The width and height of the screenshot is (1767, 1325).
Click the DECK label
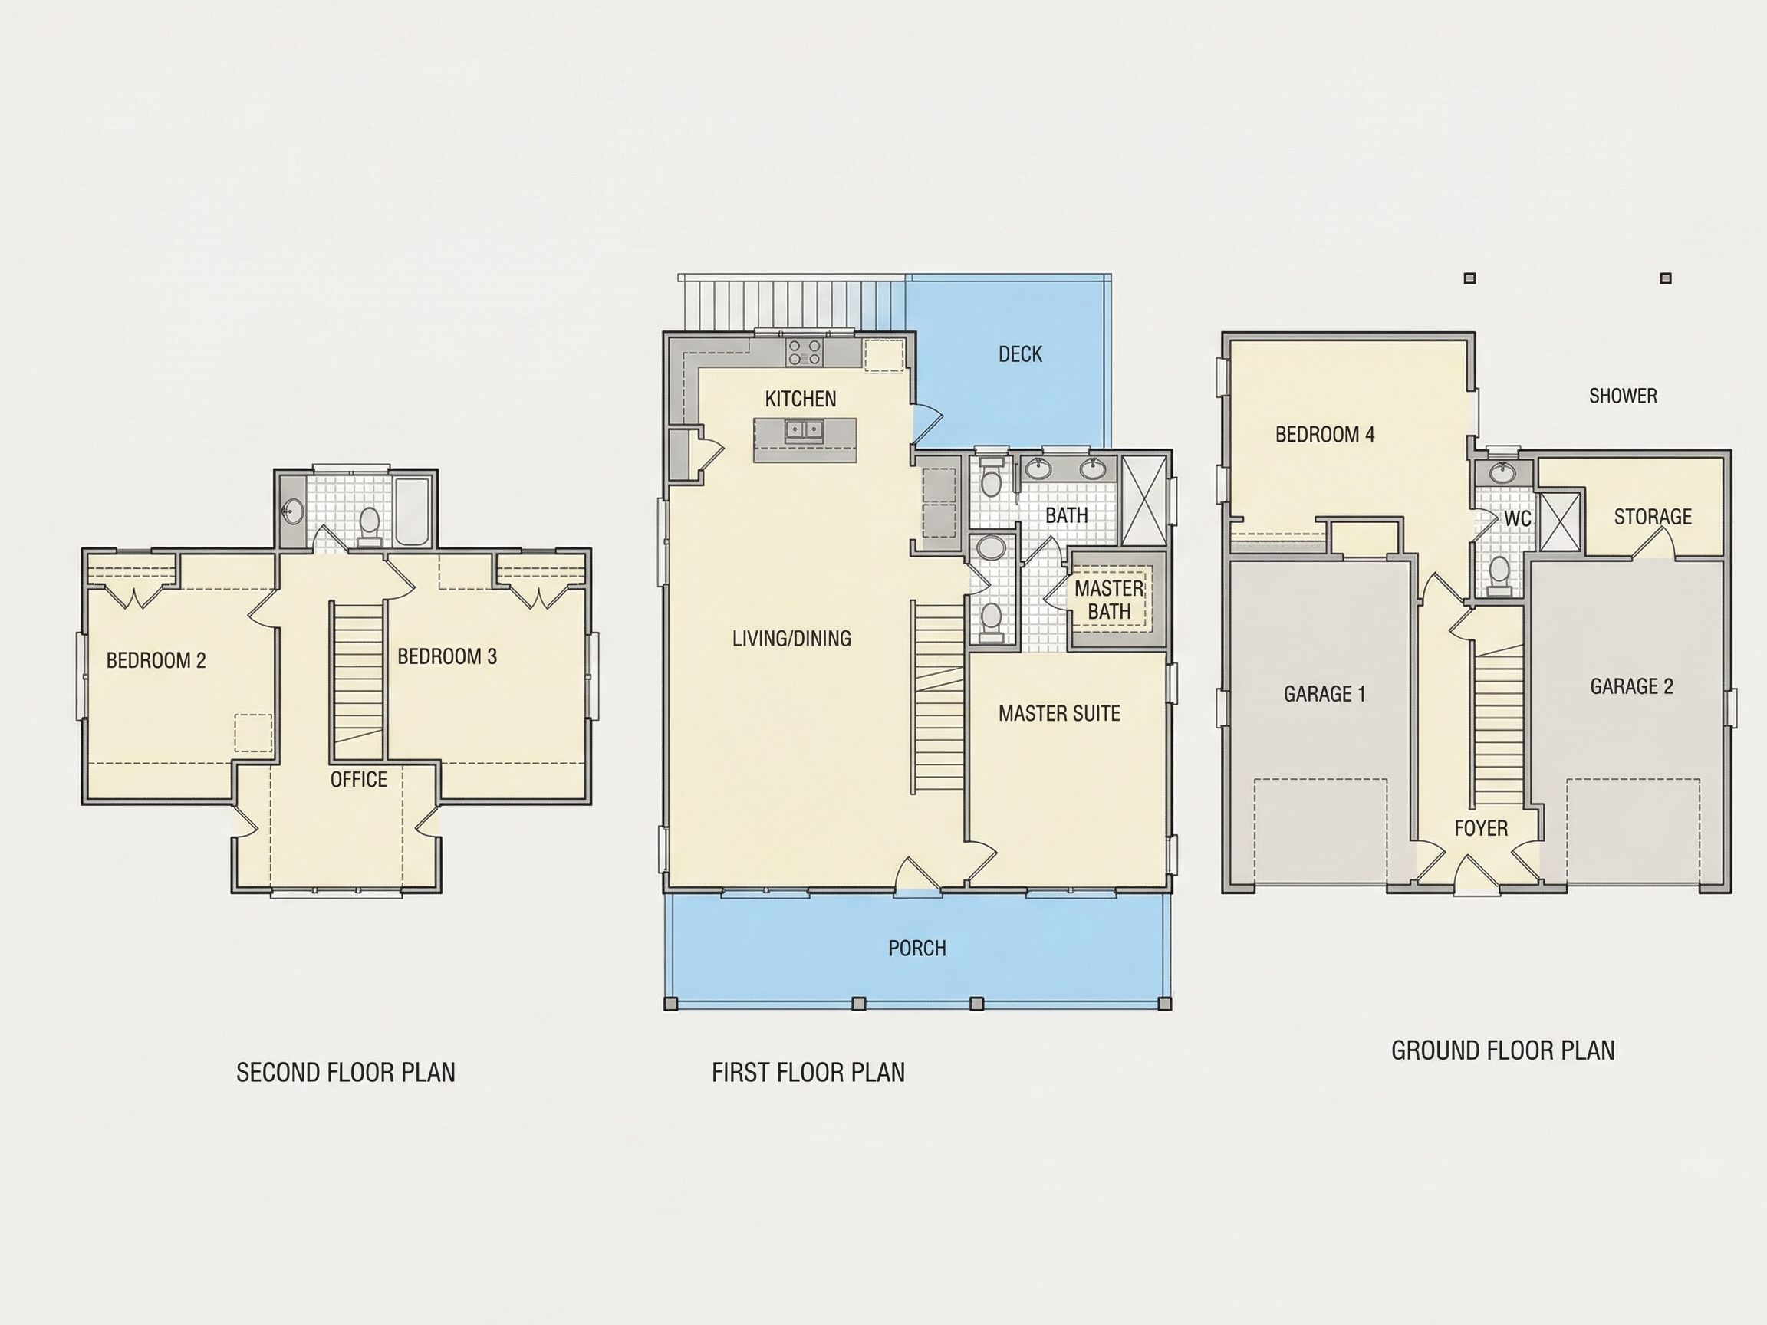(1020, 353)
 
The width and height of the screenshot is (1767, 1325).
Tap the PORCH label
(917, 948)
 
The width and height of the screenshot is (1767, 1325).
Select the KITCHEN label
(801, 399)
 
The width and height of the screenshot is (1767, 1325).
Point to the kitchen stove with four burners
(804, 352)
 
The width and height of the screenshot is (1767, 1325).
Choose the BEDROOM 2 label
(156, 660)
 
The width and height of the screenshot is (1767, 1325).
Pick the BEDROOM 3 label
(447, 656)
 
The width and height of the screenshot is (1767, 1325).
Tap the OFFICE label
(359, 780)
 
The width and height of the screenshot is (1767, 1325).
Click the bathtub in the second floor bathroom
(413, 512)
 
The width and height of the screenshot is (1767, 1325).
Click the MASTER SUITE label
(1059, 713)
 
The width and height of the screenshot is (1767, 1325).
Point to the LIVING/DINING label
(791, 638)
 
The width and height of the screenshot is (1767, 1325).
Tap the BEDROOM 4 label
(1325, 435)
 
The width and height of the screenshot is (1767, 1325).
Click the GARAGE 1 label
(1324, 694)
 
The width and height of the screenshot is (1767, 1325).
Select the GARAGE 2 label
(1631, 686)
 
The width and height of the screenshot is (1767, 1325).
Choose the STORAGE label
(1653, 517)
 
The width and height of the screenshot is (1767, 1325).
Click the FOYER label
(1481, 828)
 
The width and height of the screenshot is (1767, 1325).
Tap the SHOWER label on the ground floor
(1624, 396)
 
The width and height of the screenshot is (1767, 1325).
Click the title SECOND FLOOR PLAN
(346, 1072)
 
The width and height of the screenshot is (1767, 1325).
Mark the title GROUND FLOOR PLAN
(1503, 1050)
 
